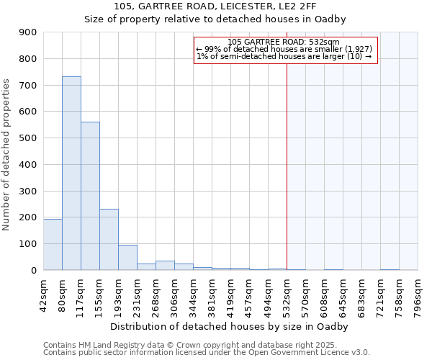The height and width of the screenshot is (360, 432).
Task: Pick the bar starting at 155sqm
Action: coord(109,239)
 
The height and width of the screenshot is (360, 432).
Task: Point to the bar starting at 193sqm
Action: coord(127,257)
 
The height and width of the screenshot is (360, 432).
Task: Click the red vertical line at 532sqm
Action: coord(287,166)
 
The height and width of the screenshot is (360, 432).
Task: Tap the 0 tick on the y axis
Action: coord(35,270)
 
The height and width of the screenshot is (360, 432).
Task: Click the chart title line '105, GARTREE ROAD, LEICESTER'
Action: coord(215,7)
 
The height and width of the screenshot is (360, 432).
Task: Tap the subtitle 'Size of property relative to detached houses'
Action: coord(215,19)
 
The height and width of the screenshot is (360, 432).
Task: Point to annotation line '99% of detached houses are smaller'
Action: coord(284,49)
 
